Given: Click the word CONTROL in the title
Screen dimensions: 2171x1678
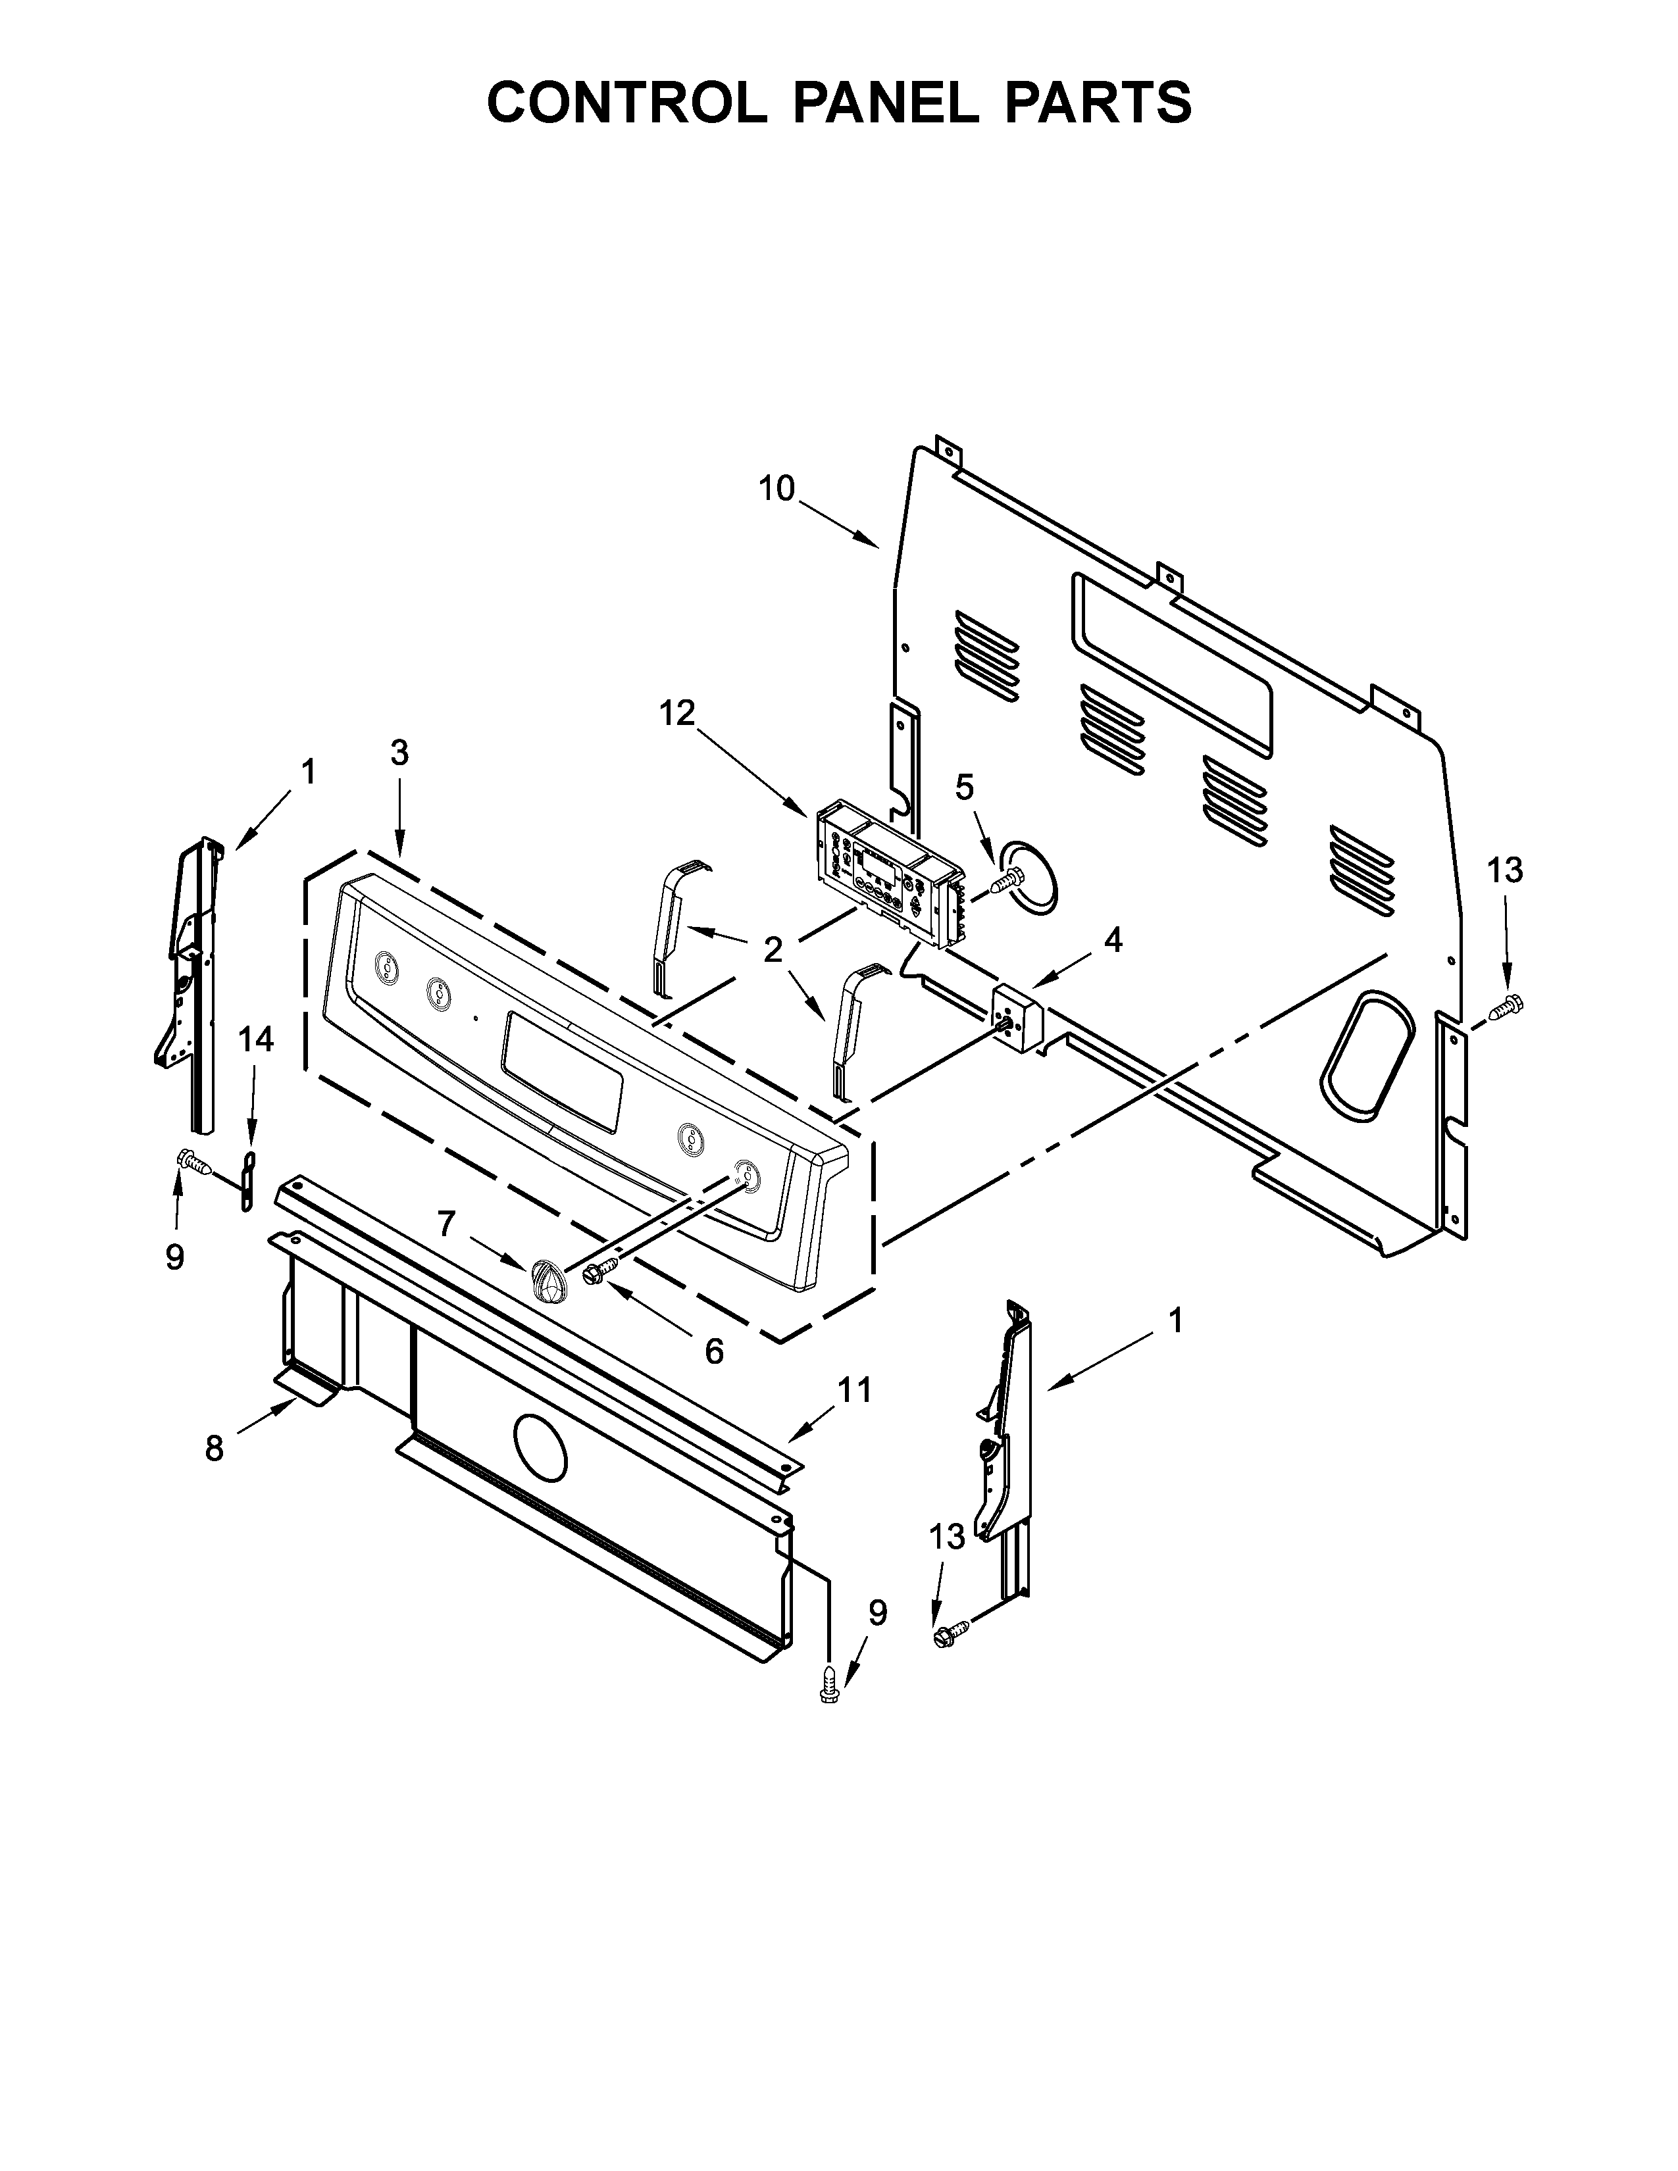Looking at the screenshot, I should (625, 103).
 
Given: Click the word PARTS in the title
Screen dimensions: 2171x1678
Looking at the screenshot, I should (1096, 103).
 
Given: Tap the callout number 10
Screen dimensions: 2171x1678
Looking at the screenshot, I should (777, 488).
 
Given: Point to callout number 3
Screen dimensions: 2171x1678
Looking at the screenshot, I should (399, 753).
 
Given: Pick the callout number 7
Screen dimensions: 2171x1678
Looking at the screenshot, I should (446, 1224).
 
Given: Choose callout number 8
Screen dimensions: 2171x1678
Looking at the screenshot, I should (214, 1449).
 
